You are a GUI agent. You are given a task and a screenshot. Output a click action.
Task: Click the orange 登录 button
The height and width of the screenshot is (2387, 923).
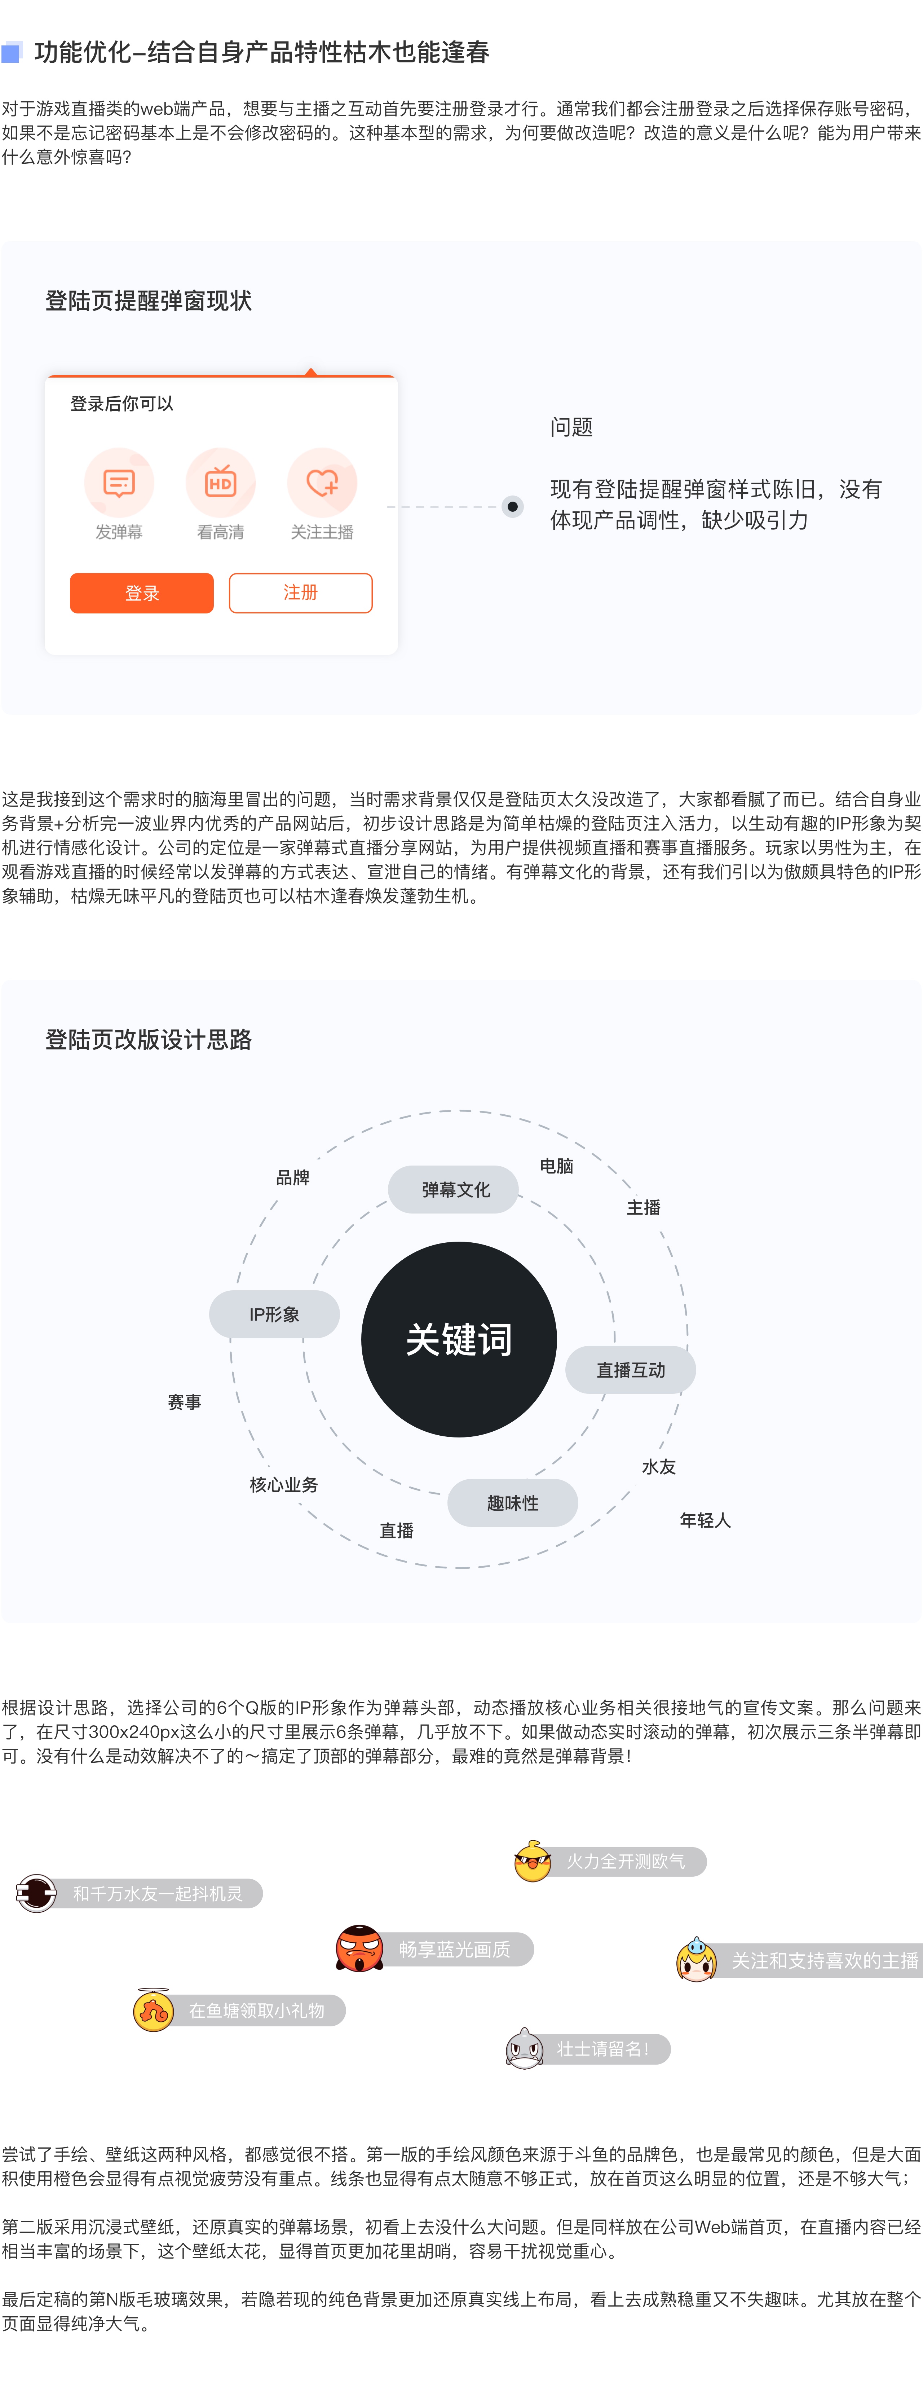(142, 593)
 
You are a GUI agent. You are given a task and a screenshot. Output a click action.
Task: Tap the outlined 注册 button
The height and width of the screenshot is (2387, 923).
(300, 593)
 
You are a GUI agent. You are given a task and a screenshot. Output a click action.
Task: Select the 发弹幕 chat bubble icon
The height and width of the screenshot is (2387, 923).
(119, 483)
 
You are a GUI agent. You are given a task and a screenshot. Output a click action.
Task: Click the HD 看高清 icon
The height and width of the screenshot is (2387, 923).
(221, 483)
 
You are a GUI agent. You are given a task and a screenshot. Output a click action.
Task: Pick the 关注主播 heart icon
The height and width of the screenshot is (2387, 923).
(322, 483)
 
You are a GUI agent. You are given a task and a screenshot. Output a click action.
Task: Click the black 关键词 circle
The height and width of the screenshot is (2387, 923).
(459, 1339)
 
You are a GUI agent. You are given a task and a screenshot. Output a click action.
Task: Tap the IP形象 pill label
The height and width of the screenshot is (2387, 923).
(274, 1314)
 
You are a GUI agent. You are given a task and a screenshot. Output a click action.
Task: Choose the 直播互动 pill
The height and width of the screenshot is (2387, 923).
(630, 1370)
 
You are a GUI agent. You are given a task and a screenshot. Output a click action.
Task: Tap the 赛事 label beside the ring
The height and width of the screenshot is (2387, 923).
(184, 1402)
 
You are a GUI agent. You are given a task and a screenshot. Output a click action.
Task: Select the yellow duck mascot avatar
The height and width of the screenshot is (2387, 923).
(533, 1861)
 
